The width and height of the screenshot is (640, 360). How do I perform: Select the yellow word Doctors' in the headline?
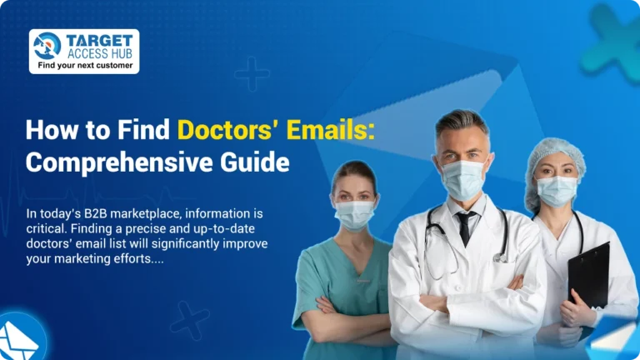click(226, 131)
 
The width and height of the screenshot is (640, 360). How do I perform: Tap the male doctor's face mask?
click(463, 178)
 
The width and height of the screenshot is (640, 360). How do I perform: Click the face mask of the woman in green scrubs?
click(354, 212)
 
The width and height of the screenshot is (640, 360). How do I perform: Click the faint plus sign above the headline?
click(252, 74)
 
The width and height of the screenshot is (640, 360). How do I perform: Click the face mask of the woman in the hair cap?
click(557, 191)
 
